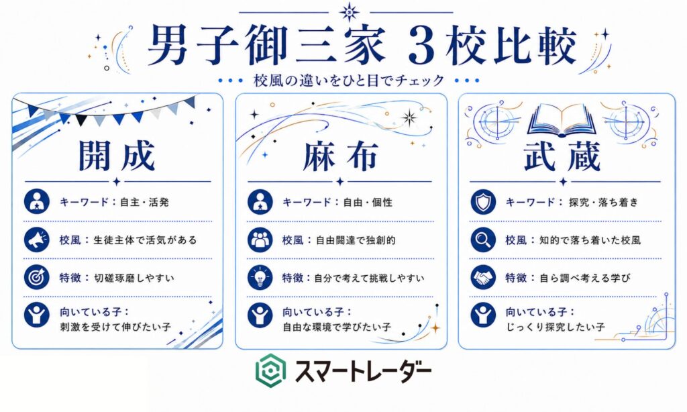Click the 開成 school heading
117,156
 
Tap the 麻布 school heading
340,156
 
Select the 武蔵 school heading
562,156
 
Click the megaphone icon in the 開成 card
37,240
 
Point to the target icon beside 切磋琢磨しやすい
37,277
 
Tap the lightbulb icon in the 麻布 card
260,277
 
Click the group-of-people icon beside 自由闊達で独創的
260,240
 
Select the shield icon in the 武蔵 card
483,201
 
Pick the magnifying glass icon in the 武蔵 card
483,240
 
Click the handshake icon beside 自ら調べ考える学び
483,277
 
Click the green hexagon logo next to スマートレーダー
271,370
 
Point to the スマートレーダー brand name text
363,371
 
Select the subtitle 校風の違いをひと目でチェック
349,81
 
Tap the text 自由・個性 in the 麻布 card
368,202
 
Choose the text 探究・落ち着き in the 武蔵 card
604,202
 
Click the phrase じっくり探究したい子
556,327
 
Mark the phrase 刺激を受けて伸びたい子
115,327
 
